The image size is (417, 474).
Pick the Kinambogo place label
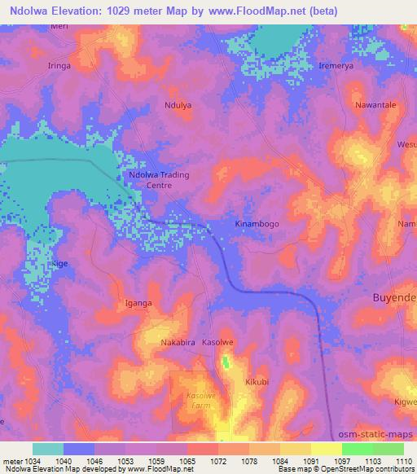pyautogui.click(x=257, y=223)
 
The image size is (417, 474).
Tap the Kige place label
pyautogui.click(x=60, y=265)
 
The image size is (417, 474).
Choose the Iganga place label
pyautogui.click(x=138, y=303)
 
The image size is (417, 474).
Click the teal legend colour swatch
pyautogui.click(x=48, y=449)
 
